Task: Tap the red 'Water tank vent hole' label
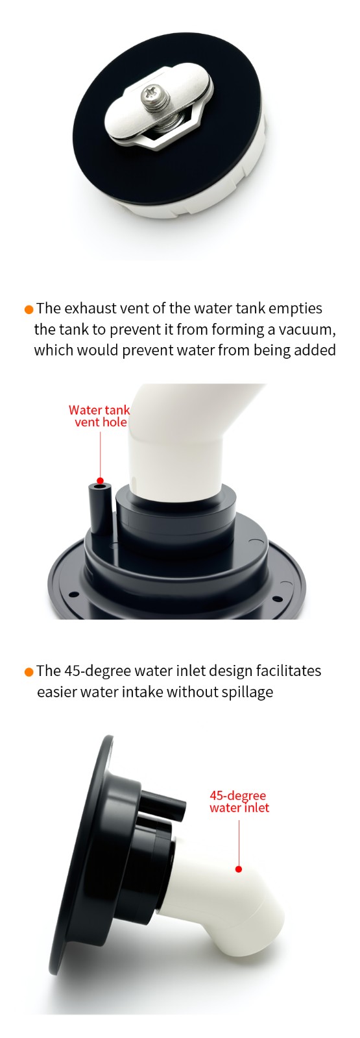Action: pos(100,416)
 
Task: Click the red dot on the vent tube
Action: pos(100,481)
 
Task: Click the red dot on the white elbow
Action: pos(239,869)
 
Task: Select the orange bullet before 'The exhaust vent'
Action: pos(29,309)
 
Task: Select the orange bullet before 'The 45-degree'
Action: pos(29,671)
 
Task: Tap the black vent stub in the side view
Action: pos(162,806)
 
